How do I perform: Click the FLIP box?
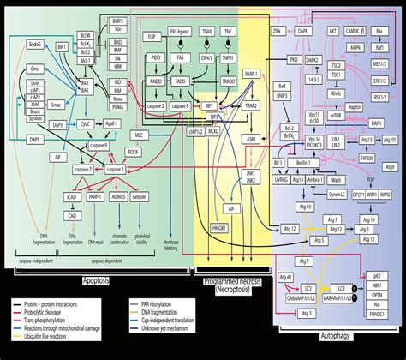pos(150,39)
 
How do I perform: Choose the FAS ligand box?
pos(182,39)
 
